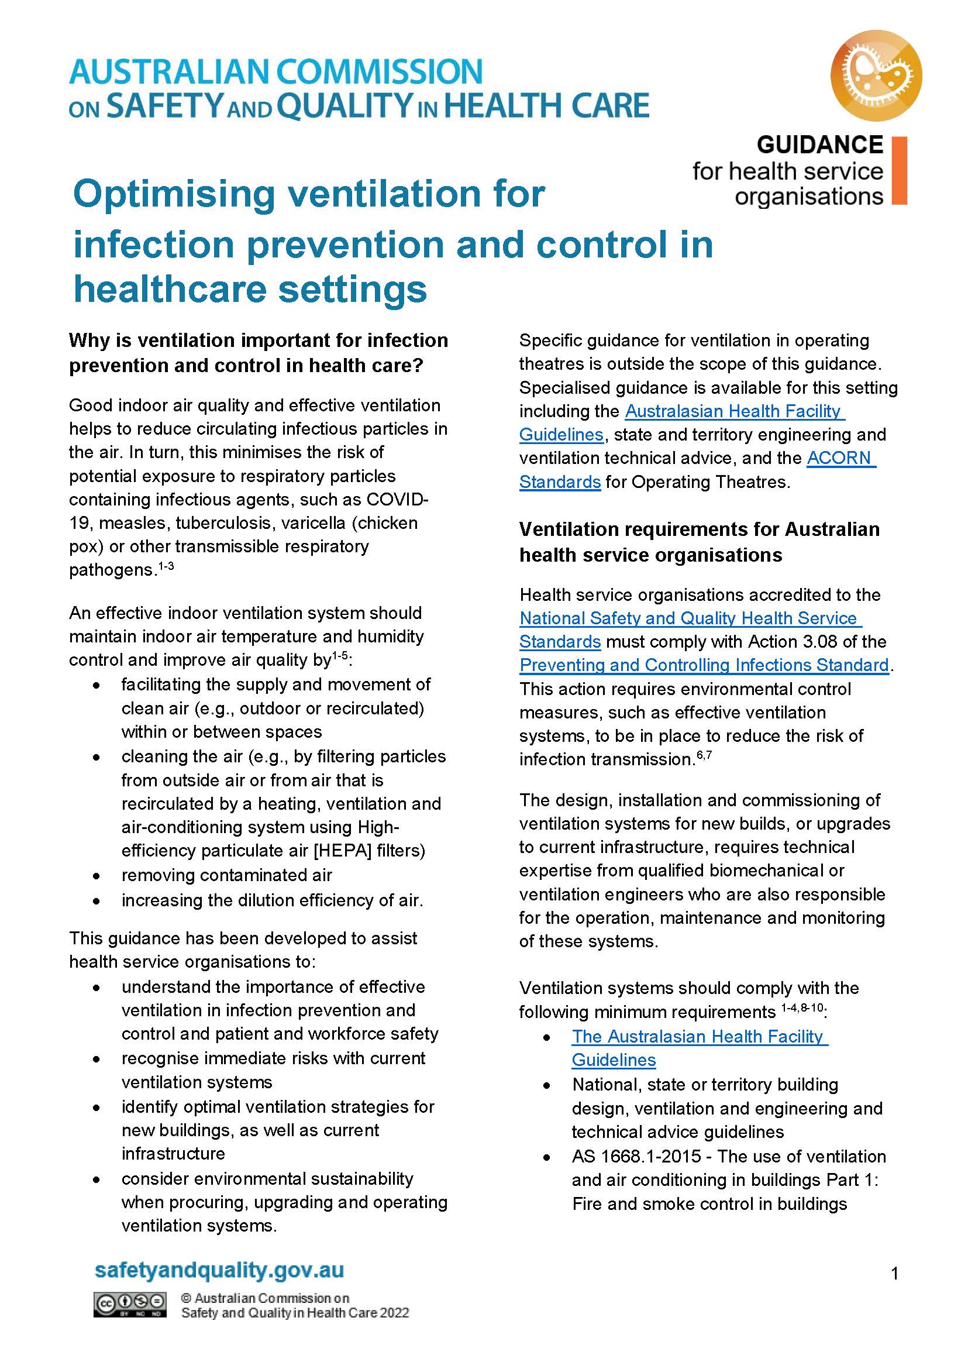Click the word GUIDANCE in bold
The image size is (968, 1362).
[819, 145]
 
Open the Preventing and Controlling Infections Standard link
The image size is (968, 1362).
[704, 665]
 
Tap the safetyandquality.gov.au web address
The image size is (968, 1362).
[219, 1270]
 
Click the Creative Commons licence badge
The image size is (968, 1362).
[129, 1304]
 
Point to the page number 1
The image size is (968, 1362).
[894, 1274]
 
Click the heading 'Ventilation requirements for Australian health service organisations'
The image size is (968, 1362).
[698, 541]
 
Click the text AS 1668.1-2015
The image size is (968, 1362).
[636, 1157]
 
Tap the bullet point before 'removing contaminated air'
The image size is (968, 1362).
[97, 876]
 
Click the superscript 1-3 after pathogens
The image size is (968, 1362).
[164, 566]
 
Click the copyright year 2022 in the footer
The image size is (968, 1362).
[394, 1312]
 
